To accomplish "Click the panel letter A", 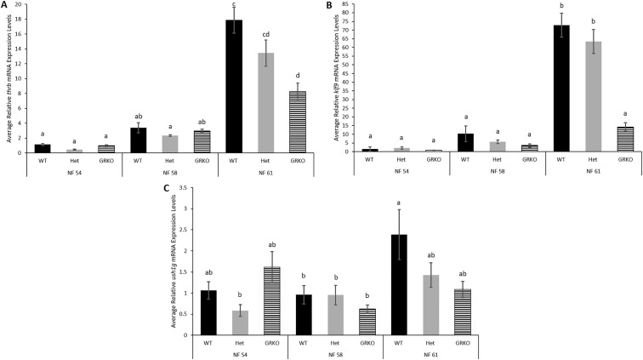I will [x=6, y=6].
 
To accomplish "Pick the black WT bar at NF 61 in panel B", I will [x=538, y=89].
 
